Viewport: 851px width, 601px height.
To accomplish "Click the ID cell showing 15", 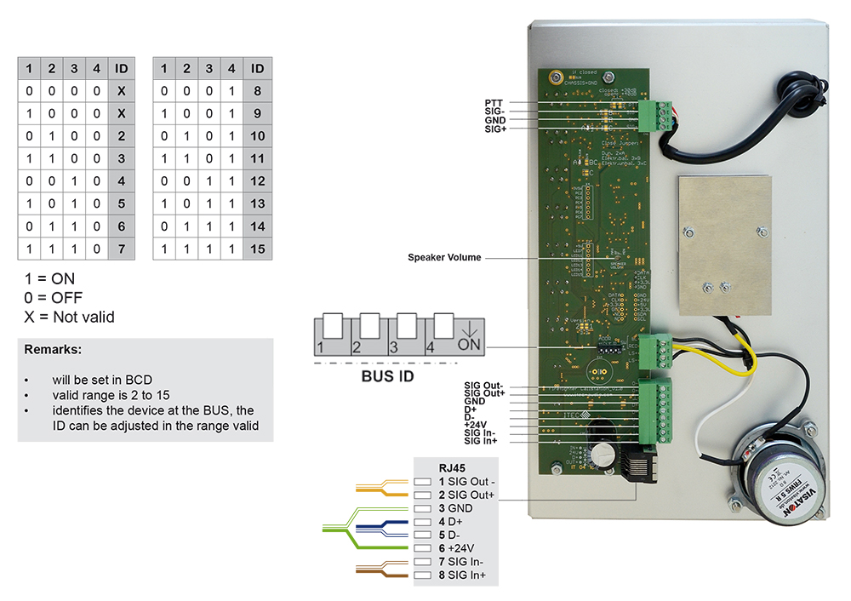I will point(258,249).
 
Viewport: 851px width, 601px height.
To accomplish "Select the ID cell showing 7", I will point(123,249).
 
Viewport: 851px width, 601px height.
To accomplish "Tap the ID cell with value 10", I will point(258,136).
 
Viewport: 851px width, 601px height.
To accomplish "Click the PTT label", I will point(494,103).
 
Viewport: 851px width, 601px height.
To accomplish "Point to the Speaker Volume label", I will point(444,257).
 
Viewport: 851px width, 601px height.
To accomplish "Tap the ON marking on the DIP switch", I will point(470,344).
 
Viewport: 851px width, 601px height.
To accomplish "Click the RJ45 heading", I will point(451,467).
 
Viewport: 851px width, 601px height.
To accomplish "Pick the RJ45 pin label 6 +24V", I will point(456,548).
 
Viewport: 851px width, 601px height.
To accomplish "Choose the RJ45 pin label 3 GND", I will point(455,508).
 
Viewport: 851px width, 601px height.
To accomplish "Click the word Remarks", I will point(53,350).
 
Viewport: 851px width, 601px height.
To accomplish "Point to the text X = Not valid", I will point(70,317).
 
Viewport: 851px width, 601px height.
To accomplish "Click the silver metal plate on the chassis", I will point(724,243).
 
